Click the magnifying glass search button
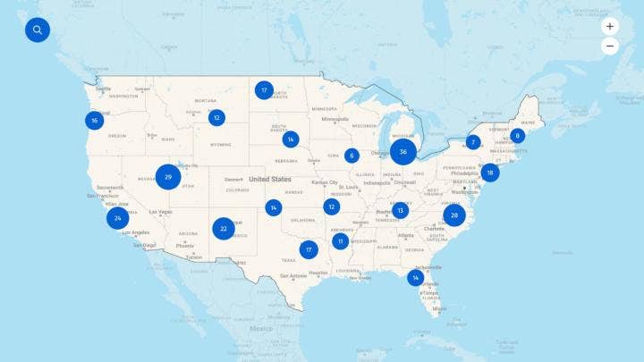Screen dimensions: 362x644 click(x=38, y=29)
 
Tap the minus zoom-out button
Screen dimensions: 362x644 click(x=610, y=46)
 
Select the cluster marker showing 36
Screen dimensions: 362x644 click(x=403, y=152)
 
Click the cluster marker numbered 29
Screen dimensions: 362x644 click(x=168, y=177)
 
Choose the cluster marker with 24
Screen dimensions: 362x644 click(x=118, y=217)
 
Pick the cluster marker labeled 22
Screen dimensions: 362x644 click(x=224, y=228)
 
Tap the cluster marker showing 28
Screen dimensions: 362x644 click(x=454, y=215)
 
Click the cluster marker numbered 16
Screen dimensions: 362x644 click(x=94, y=121)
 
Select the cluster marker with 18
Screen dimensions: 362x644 click(x=490, y=173)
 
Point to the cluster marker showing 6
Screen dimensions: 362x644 click(x=352, y=156)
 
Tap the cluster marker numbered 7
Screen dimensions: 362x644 click(x=473, y=142)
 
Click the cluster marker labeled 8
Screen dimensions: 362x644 click(x=517, y=136)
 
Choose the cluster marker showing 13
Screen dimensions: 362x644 click(x=400, y=211)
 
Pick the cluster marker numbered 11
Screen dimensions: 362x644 click(x=340, y=241)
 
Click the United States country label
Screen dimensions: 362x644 click(x=269, y=179)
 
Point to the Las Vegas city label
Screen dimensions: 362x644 click(x=160, y=212)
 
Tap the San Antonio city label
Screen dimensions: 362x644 click(x=292, y=275)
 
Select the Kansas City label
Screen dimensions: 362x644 click(x=324, y=182)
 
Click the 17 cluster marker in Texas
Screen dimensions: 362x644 click(x=309, y=249)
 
